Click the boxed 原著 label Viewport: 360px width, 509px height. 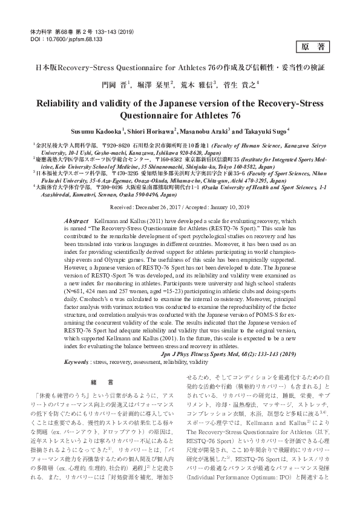click(x=313, y=47)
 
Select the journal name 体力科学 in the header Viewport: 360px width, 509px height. click(x=40, y=30)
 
